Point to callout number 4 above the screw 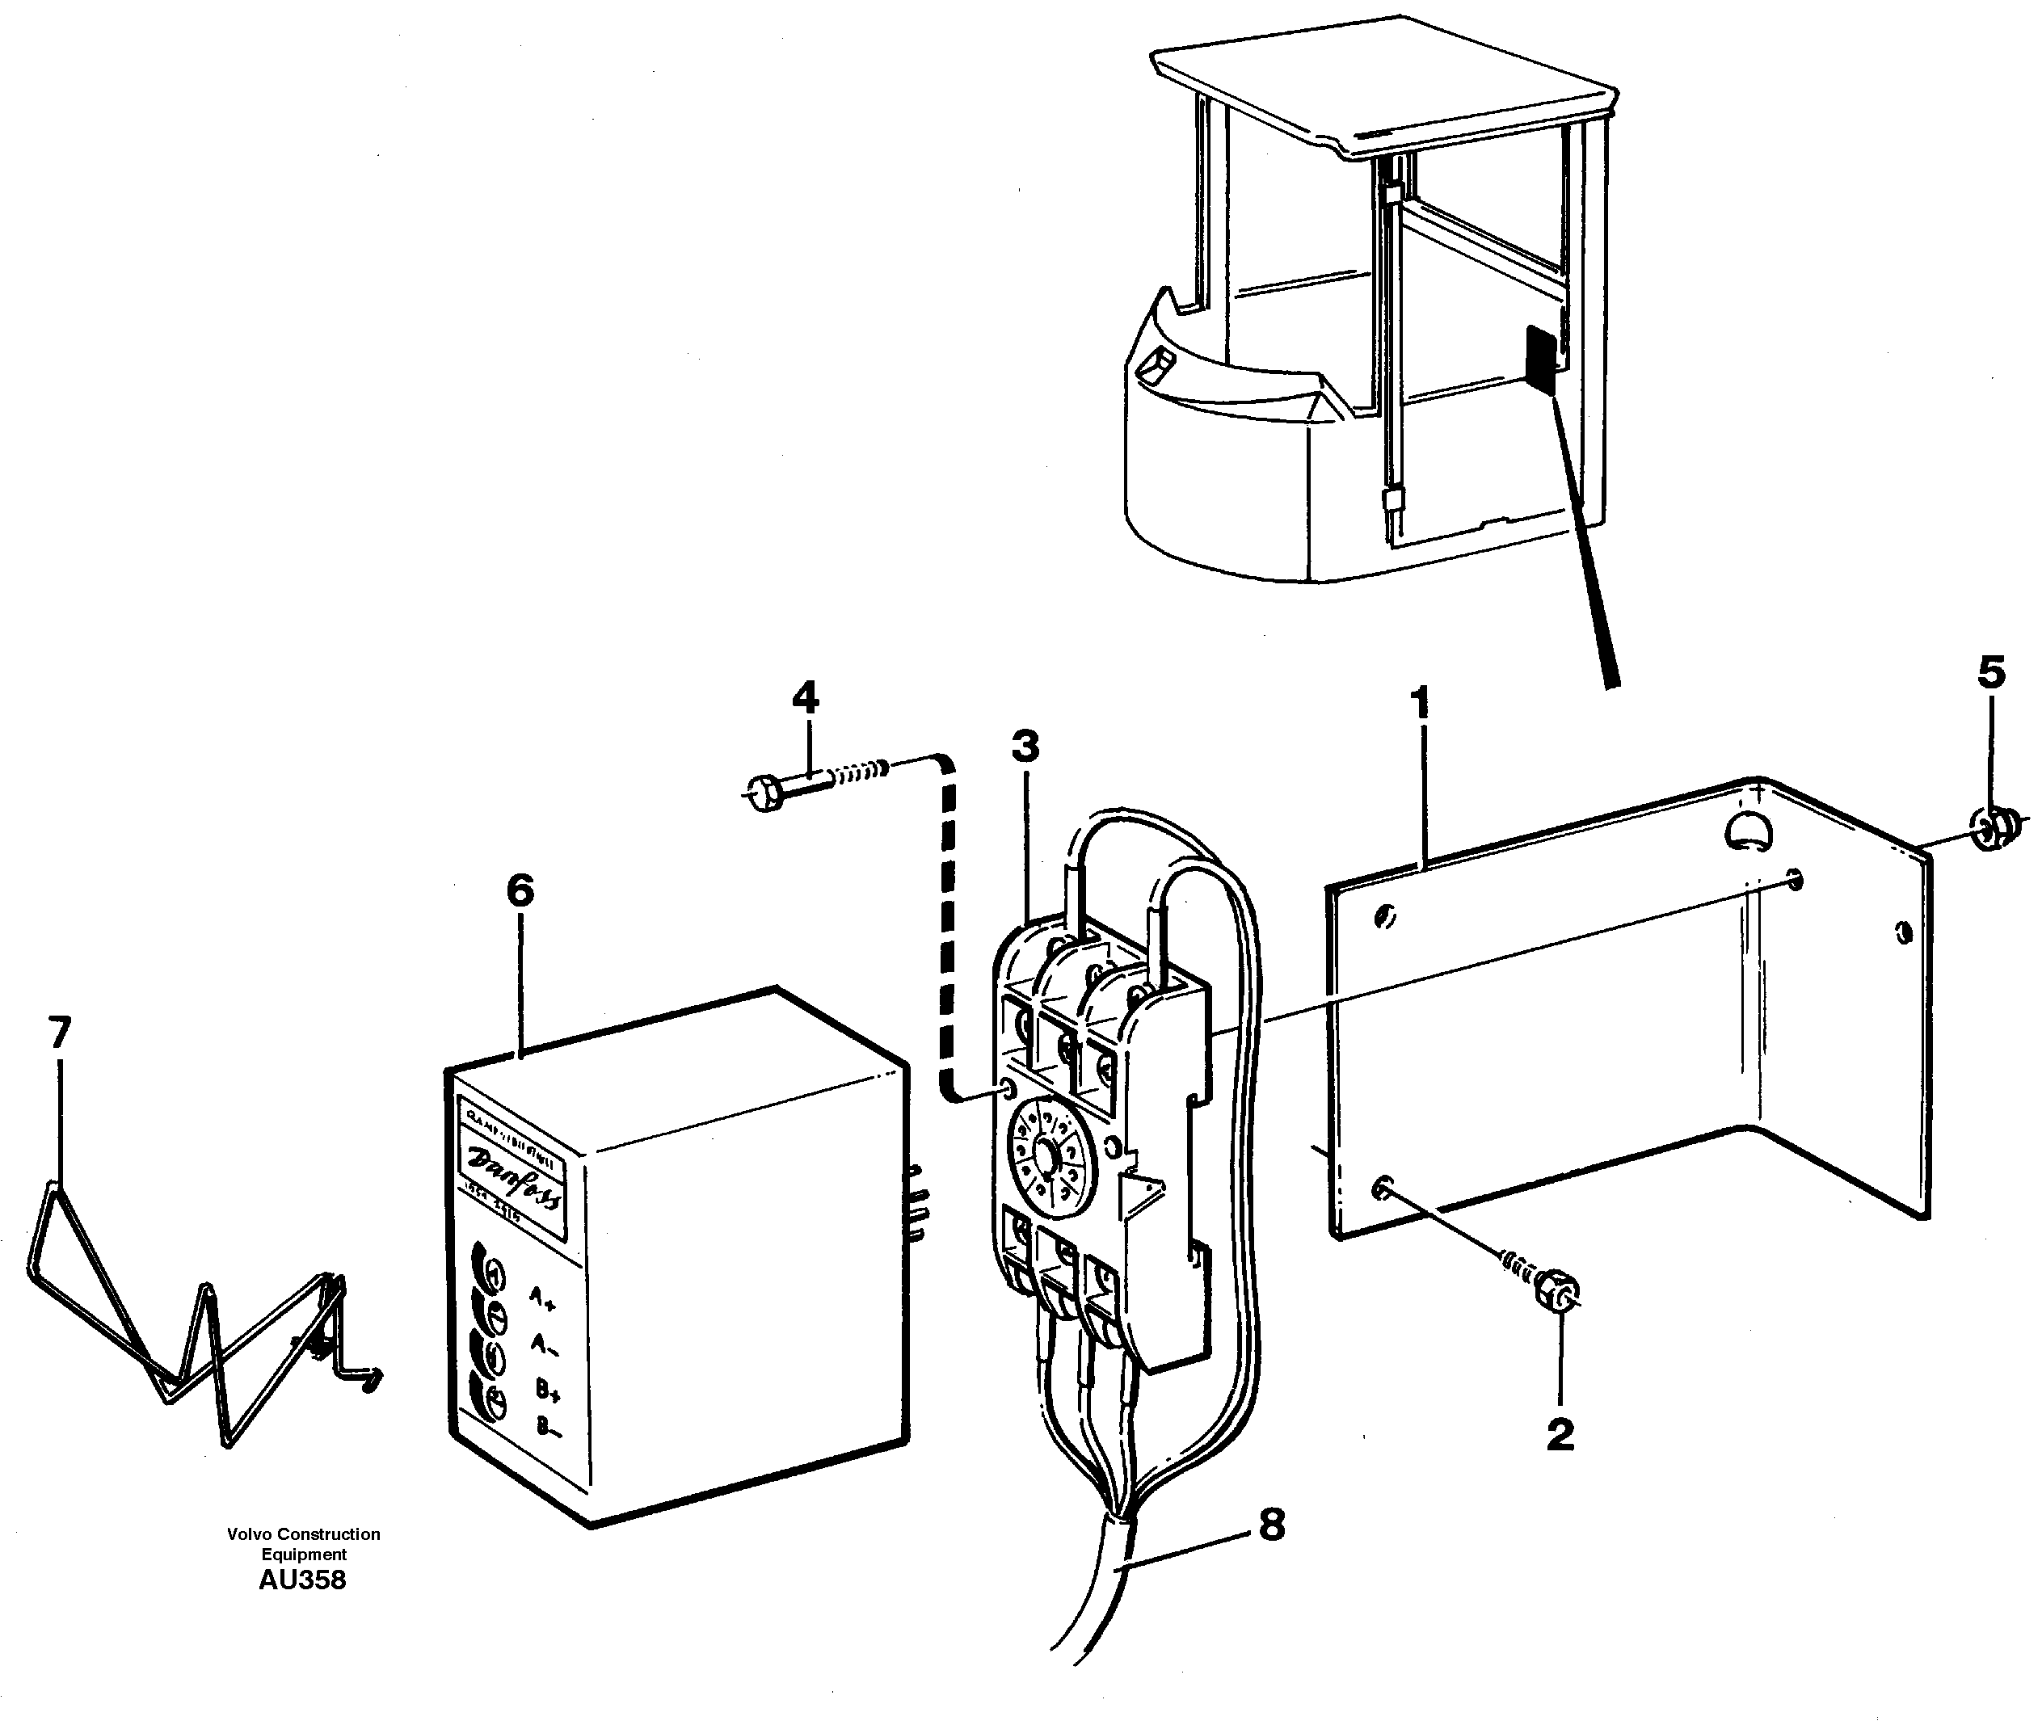coord(805,698)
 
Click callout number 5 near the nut coord(1991,673)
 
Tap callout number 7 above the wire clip coord(60,1033)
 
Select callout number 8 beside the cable coord(1271,1525)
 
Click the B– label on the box coord(549,1426)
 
